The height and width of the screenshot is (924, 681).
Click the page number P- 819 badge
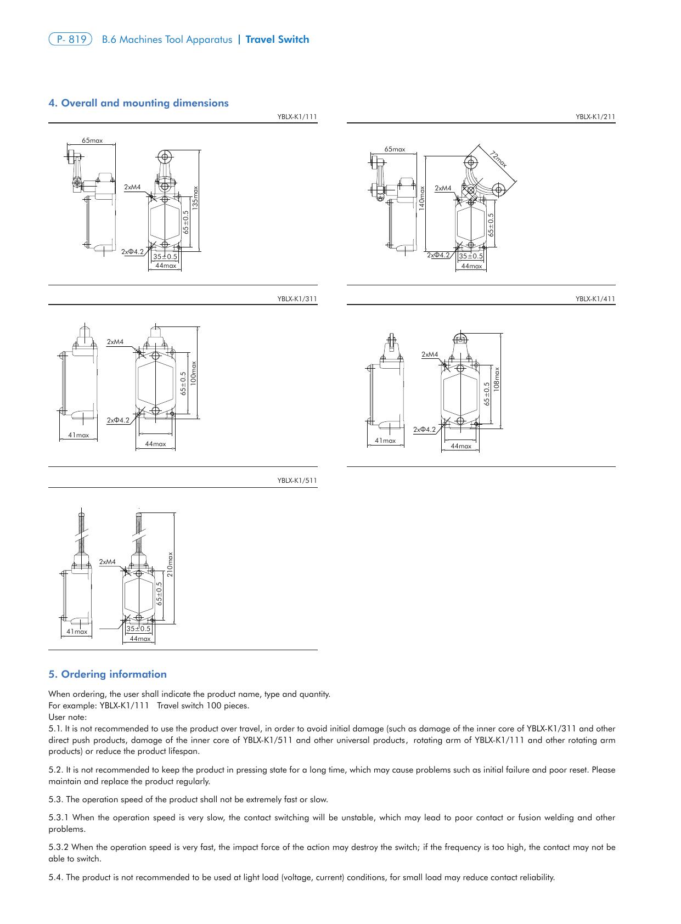pyautogui.click(x=70, y=40)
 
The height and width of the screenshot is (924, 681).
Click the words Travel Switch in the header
pyautogui.click(x=277, y=40)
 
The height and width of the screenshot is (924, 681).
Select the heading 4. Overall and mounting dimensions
pyautogui.click(x=139, y=103)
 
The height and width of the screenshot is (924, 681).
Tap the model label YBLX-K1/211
pyautogui.click(x=595, y=117)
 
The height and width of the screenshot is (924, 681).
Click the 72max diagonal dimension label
pyautogui.click(x=498, y=158)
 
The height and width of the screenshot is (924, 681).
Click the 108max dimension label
pyautogui.click(x=496, y=379)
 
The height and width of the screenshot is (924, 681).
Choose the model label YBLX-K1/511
pyautogui.click(x=297, y=481)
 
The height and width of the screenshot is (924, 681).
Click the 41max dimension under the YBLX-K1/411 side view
pyautogui.click(x=385, y=441)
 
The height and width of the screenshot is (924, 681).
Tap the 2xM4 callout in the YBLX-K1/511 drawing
pyautogui.click(x=108, y=562)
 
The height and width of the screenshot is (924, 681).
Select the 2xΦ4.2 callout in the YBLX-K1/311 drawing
pyautogui.click(x=118, y=420)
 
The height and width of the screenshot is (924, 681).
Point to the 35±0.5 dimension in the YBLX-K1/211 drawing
pyautogui.click(x=471, y=256)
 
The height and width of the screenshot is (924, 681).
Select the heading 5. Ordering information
pyautogui.click(x=108, y=674)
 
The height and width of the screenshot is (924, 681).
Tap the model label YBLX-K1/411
pyautogui.click(x=595, y=299)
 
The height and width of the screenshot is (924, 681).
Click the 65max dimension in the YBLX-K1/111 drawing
pyautogui.click(x=92, y=140)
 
